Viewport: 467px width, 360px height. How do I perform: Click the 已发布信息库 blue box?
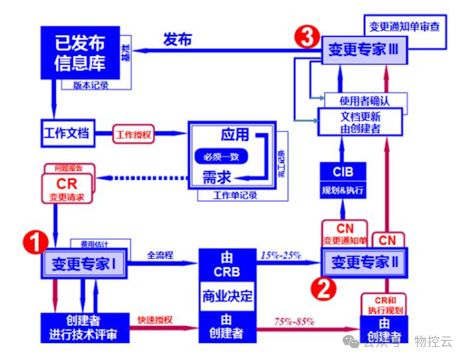(80, 53)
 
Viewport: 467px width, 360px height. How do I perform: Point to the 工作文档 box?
(67, 133)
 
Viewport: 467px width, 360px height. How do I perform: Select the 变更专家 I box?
(84, 264)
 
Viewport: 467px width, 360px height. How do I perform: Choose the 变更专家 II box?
(365, 262)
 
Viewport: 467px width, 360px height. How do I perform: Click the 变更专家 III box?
(364, 50)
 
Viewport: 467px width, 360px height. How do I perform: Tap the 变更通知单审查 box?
(404, 26)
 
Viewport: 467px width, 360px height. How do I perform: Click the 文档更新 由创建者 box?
(360, 122)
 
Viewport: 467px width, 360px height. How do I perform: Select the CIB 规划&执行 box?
(343, 181)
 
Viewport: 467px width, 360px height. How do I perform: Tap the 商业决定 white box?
(227, 296)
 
